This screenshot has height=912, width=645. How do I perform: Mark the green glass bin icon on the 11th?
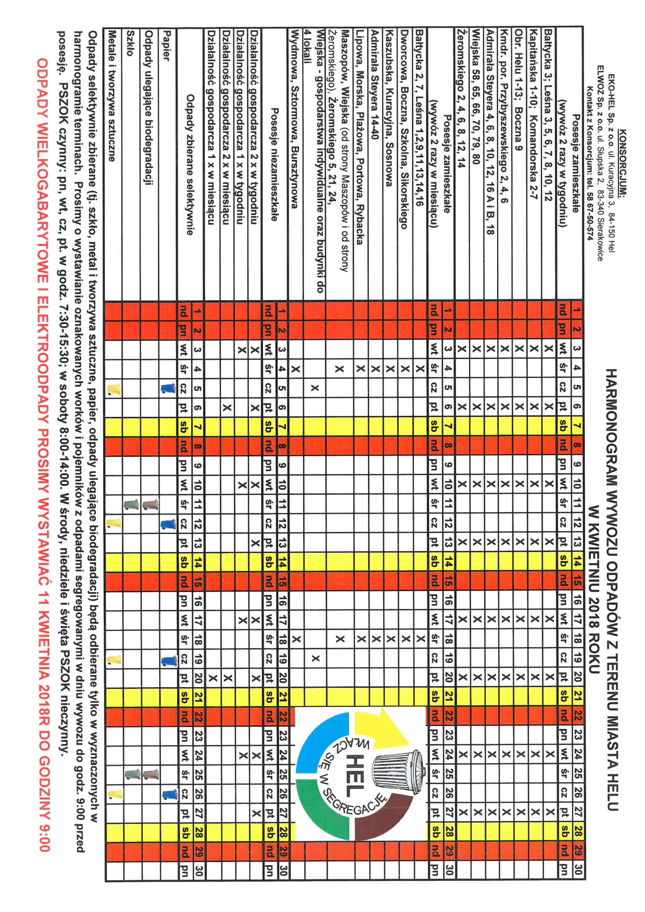point(131,505)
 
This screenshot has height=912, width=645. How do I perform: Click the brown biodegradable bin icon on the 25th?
point(150,774)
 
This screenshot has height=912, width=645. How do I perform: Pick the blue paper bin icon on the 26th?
point(169,794)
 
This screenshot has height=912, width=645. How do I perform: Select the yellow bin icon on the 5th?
point(114,389)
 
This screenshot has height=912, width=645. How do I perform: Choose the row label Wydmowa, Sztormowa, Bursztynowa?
point(295,119)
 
